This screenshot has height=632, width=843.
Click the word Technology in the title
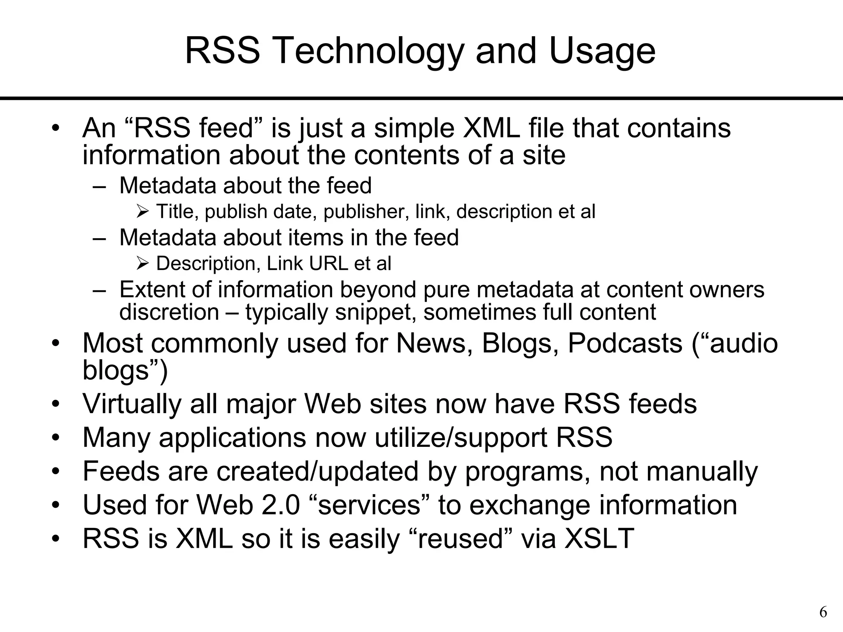[x=368, y=51]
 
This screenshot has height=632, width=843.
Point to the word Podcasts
[x=625, y=343]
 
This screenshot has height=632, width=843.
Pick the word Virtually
[x=132, y=404]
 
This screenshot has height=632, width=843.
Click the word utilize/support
[x=461, y=438]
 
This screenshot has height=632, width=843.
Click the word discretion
[x=169, y=312]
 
